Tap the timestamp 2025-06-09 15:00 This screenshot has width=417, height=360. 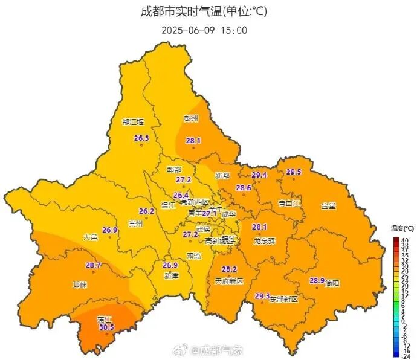coord(204,30)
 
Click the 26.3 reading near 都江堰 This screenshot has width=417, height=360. coord(141,138)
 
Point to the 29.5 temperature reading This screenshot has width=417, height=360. coord(294,172)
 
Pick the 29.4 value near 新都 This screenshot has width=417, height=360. coord(259,175)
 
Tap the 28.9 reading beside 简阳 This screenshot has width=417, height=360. coord(317,280)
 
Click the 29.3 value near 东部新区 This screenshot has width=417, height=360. coord(262,295)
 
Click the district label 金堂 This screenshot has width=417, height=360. coord(329,205)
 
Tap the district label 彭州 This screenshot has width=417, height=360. coord(191,118)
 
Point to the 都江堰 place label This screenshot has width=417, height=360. coord(134,121)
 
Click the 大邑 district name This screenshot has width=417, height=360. coord(90,237)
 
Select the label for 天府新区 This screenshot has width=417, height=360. coord(228,281)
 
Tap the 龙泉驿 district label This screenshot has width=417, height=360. coord(263,240)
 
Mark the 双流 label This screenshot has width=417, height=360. coord(194,256)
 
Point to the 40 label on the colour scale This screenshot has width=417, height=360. coord(404,240)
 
